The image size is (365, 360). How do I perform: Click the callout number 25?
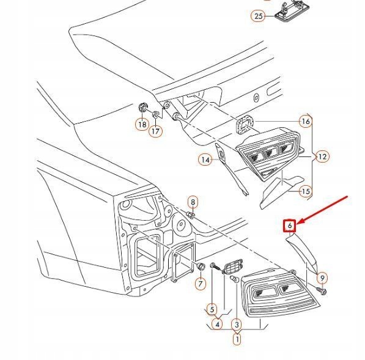258,16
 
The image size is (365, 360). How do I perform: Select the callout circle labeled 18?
142,124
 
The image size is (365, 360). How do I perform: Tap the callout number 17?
156,130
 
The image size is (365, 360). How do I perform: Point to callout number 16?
305,122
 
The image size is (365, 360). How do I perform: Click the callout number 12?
322,156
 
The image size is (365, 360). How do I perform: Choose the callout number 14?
205,160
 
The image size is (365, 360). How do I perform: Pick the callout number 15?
305,191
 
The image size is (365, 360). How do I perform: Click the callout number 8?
193,202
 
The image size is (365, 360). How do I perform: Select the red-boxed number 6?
291,226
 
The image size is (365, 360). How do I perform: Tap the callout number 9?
322,279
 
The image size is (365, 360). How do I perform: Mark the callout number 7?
200,284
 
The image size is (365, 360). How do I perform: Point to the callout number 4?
217,325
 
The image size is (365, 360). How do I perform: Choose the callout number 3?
237,325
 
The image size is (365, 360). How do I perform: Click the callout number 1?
237,337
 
